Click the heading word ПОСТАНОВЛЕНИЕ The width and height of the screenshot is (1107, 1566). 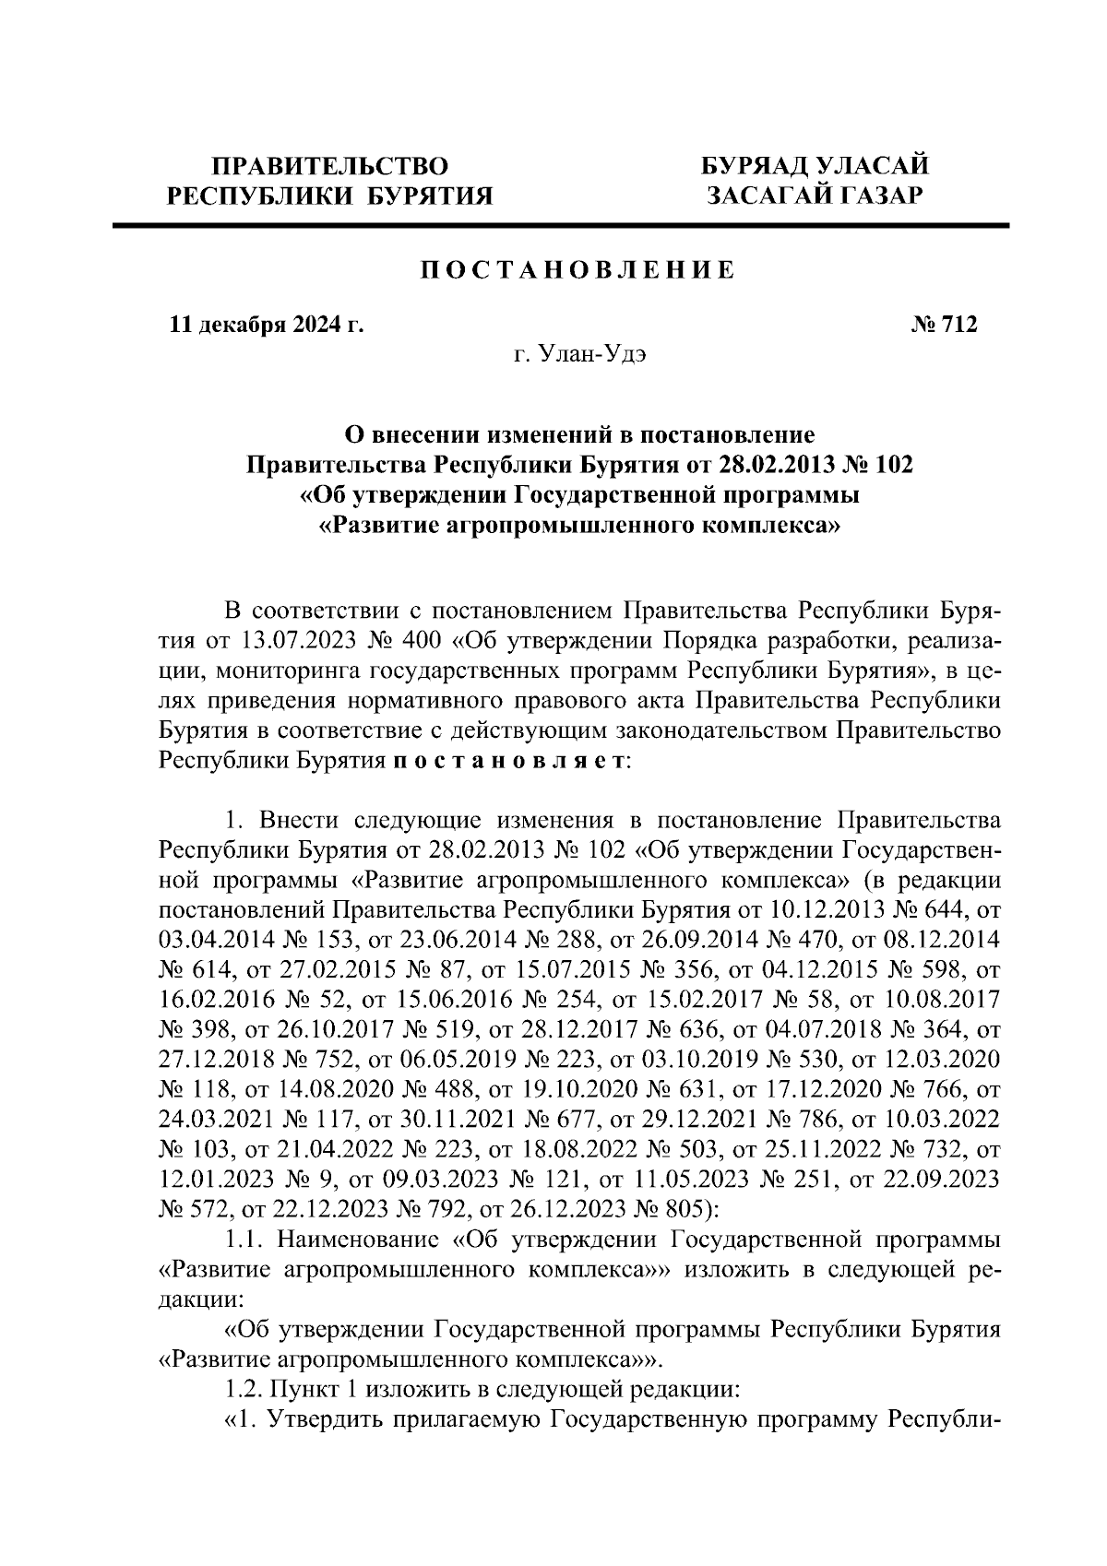[578, 270]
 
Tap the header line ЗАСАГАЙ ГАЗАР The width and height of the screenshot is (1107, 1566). [813, 195]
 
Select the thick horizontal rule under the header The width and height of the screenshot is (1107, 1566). [560, 224]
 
